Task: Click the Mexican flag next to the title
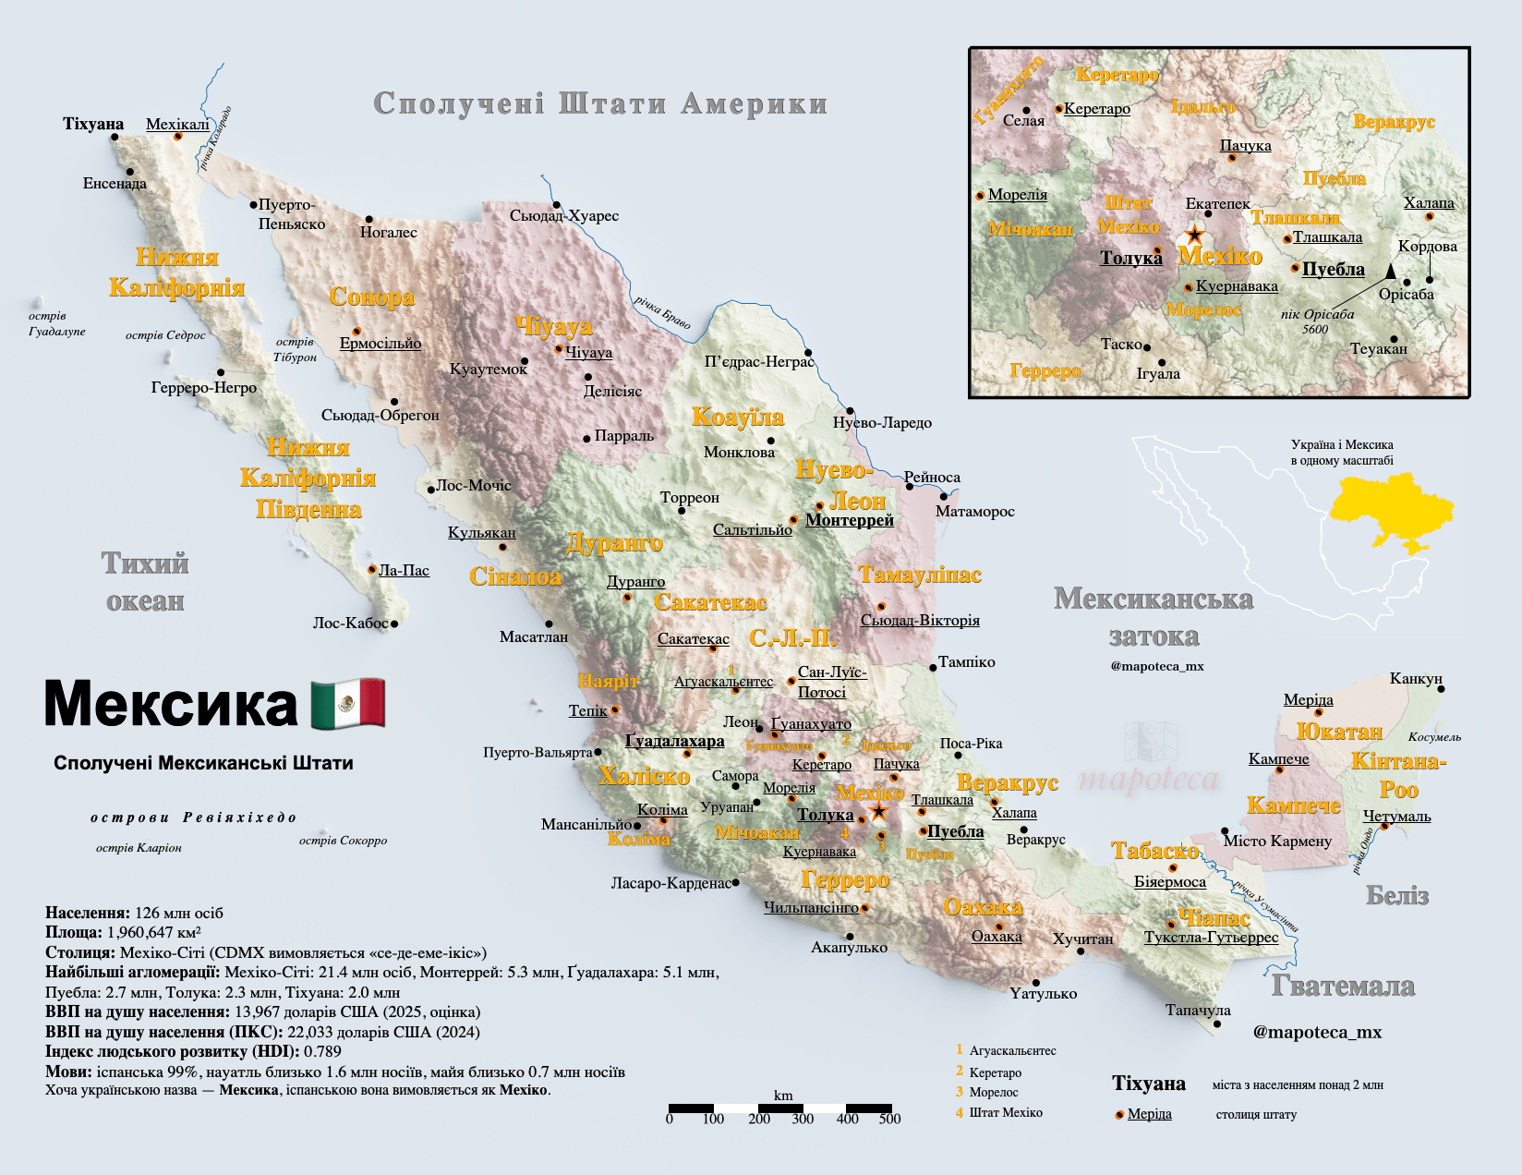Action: coord(348,704)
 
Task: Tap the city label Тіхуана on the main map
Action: coord(93,124)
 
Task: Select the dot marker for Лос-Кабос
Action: coord(394,624)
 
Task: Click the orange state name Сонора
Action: coord(372,297)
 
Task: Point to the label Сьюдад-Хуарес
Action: coord(564,216)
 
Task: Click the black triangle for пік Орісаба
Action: coord(1390,271)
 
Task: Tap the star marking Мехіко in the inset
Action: coord(1194,234)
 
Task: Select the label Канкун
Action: coord(1416,679)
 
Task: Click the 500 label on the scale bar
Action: coord(889,1119)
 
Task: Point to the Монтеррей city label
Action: coord(850,520)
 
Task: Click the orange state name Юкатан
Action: coord(1339,732)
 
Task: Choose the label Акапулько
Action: coord(849,947)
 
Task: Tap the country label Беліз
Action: coord(1397,895)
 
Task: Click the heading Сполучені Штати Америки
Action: coord(600,103)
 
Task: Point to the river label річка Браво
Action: coord(662,312)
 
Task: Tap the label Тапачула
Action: coord(1198,1010)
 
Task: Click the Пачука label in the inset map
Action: coord(1245,146)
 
